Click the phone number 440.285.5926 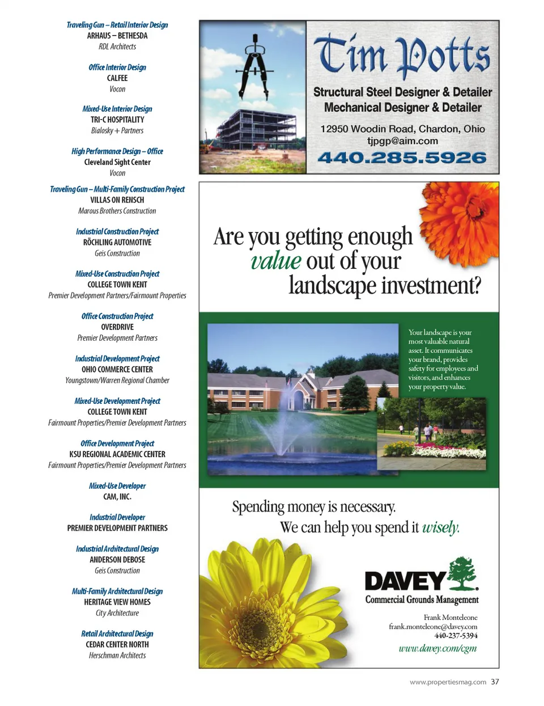[x=402, y=158]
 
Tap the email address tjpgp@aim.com [x=402, y=141]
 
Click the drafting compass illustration [x=254, y=66]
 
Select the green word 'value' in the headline [x=275, y=261]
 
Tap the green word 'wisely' [x=440, y=527]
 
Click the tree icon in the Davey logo [x=463, y=573]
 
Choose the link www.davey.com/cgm [x=437, y=648]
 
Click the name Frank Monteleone [x=450, y=618]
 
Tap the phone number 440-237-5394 [x=456, y=636]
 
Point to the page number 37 [x=495, y=682]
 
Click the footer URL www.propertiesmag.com [x=448, y=682]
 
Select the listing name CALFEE [x=117, y=78]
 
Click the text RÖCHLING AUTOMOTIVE [x=117, y=242]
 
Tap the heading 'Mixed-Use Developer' [x=117, y=486]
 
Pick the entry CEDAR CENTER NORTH [x=117, y=645]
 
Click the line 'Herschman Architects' [x=117, y=656]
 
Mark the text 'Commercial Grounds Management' [x=422, y=600]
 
